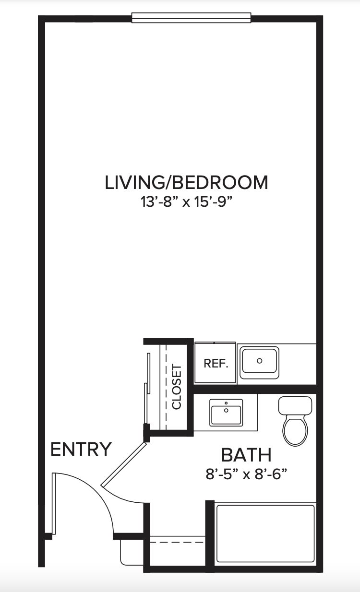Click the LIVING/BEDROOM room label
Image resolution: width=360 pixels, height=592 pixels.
[x=187, y=182]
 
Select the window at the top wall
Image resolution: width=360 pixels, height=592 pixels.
[x=191, y=18]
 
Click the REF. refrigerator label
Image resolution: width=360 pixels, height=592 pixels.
[x=216, y=364]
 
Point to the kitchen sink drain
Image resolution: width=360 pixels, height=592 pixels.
[x=260, y=361]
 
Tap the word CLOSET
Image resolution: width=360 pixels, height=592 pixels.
[x=177, y=387]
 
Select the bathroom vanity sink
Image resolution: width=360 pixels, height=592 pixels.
[x=226, y=413]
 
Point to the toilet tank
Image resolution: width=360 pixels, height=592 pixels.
[x=295, y=405]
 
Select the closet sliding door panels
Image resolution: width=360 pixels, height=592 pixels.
[x=147, y=389]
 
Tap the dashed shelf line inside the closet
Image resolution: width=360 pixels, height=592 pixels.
[x=166, y=387]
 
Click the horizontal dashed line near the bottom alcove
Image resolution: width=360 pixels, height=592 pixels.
[x=177, y=542]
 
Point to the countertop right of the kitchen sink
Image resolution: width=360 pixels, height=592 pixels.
[x=298, y=364]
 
